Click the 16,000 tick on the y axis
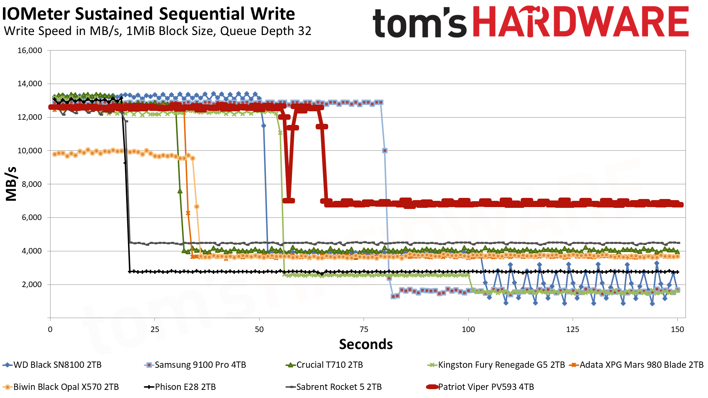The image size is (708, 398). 30,50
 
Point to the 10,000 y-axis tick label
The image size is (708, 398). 30,151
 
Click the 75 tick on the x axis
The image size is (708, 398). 364,329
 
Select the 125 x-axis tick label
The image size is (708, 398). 573,329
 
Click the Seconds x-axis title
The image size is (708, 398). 366,344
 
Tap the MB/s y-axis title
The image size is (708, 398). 11,184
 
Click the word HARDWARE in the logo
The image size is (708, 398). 580,22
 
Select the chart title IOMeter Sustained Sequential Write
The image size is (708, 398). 149,14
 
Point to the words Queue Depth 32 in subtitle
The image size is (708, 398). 265,31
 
